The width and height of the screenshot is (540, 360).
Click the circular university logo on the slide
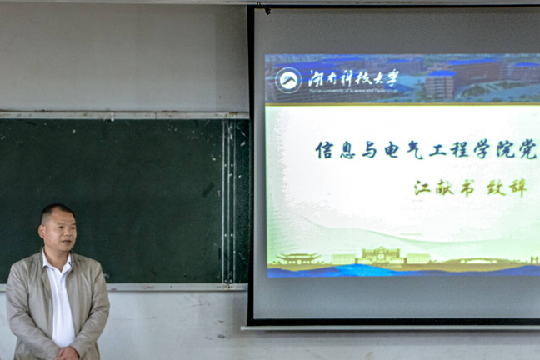click(288, 80)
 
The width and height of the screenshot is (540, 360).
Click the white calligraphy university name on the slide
click(353, 78)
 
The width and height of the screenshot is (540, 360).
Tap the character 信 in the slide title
click(324, 150)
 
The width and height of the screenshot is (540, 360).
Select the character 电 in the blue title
click(392, 150)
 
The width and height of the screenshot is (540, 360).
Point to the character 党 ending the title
click(527, 150)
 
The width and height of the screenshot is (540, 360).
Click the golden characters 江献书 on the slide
click(443, 187)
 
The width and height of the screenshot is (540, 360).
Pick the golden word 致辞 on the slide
click(507, 187)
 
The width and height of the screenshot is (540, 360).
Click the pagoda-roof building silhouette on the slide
click(297, 258)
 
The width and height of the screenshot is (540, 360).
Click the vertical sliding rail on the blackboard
click(227, 200)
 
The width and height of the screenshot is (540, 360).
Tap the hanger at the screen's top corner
click(267, 9)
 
